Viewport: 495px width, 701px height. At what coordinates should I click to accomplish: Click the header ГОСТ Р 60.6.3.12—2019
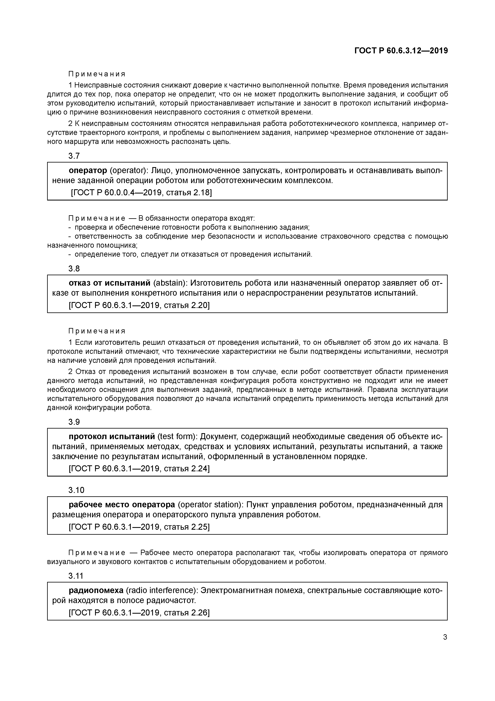[x=401, y=51]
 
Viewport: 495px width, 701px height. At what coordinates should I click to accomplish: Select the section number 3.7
[x=74, y=156]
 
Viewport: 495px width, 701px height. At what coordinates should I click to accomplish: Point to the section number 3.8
[x=74, y=269]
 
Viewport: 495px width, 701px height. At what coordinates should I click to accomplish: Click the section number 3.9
[x=74, y=422]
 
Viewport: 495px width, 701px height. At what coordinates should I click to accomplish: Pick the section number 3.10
[x=76, y=490]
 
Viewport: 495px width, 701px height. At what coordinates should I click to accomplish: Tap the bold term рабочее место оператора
[x=122, y=504]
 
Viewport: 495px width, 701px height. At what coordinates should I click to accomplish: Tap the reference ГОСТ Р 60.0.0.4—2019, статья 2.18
[x=141, y=193]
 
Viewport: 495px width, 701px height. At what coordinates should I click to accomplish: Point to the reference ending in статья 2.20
[x=139, y=305]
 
